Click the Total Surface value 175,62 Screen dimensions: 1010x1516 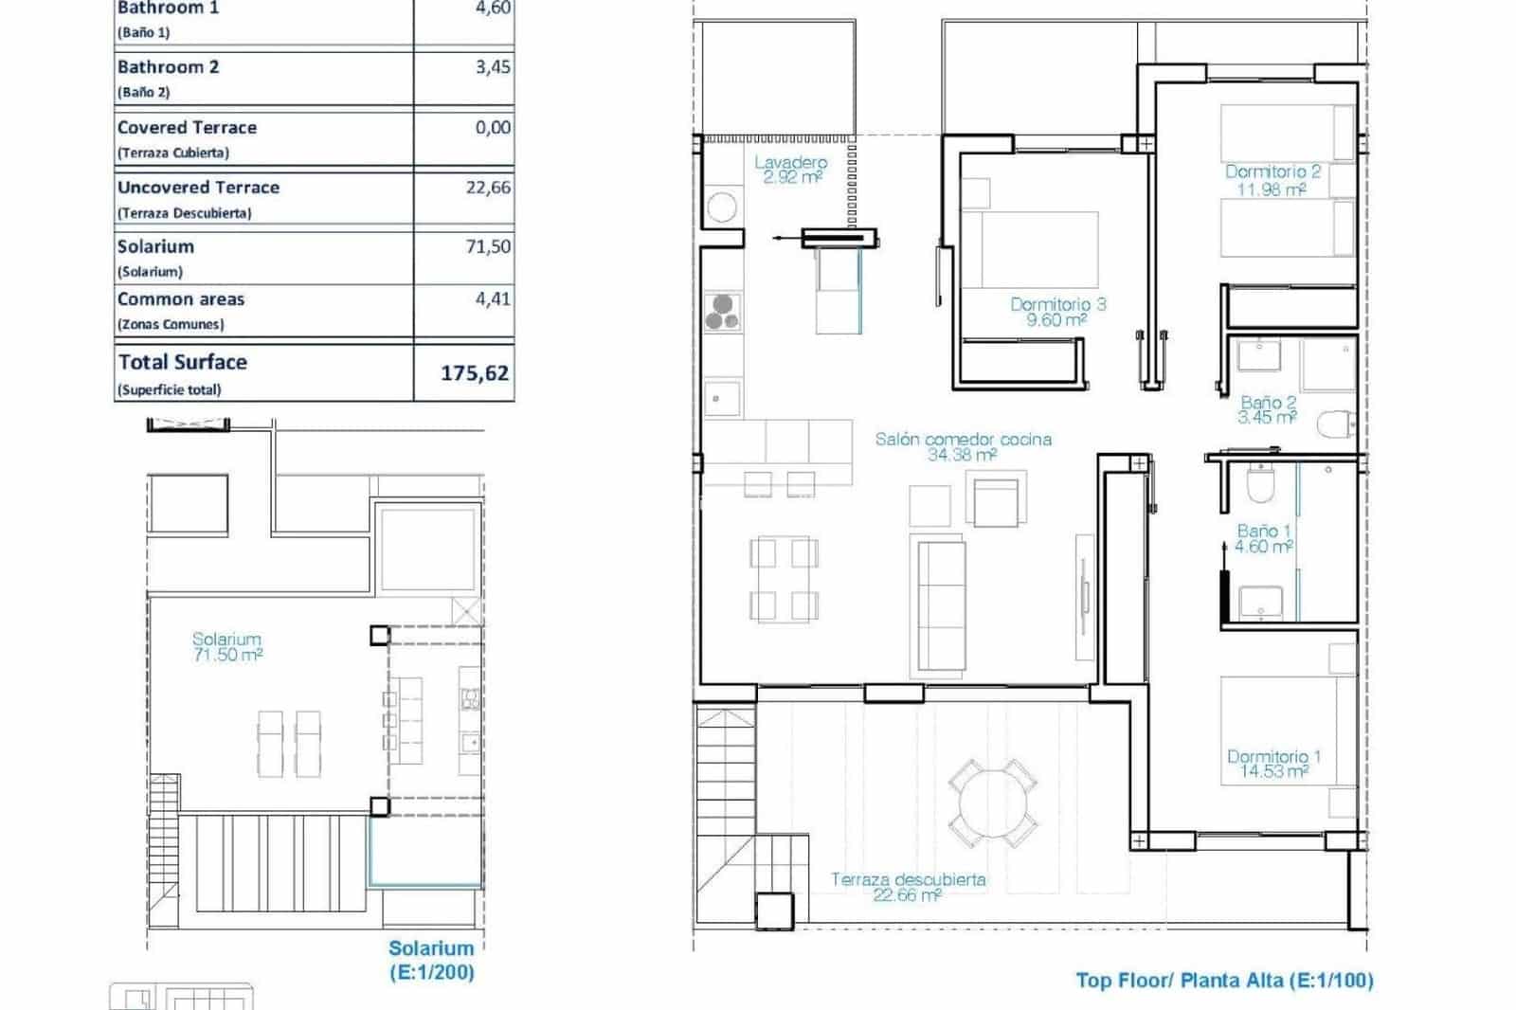[475, 373]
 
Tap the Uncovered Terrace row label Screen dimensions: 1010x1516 [198, 188]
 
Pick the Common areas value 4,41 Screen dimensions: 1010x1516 [493, 299]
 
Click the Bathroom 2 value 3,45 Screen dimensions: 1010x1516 [493, 67]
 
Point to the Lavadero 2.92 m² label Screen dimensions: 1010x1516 [790, 170]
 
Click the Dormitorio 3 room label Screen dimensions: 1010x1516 [1057, 312]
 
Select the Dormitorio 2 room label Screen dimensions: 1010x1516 [1272, 180]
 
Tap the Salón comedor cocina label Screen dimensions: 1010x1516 [963, 446]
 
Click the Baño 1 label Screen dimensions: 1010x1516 [1264, 538]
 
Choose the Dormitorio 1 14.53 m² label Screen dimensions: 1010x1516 [1273, 764]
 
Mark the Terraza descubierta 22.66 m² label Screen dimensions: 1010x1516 [908, 887]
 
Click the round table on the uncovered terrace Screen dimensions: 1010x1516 [992, 803]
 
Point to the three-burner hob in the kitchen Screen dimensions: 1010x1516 [723, 312]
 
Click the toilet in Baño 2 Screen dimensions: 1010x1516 [1337, 423]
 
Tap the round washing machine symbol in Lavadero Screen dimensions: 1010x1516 [723, 207]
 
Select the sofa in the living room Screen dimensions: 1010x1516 [938, 604]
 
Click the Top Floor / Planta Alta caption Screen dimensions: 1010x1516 [1224, 981]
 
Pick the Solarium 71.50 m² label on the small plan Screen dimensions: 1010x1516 [226, 647]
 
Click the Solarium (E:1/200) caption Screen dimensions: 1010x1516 [431, 960]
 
